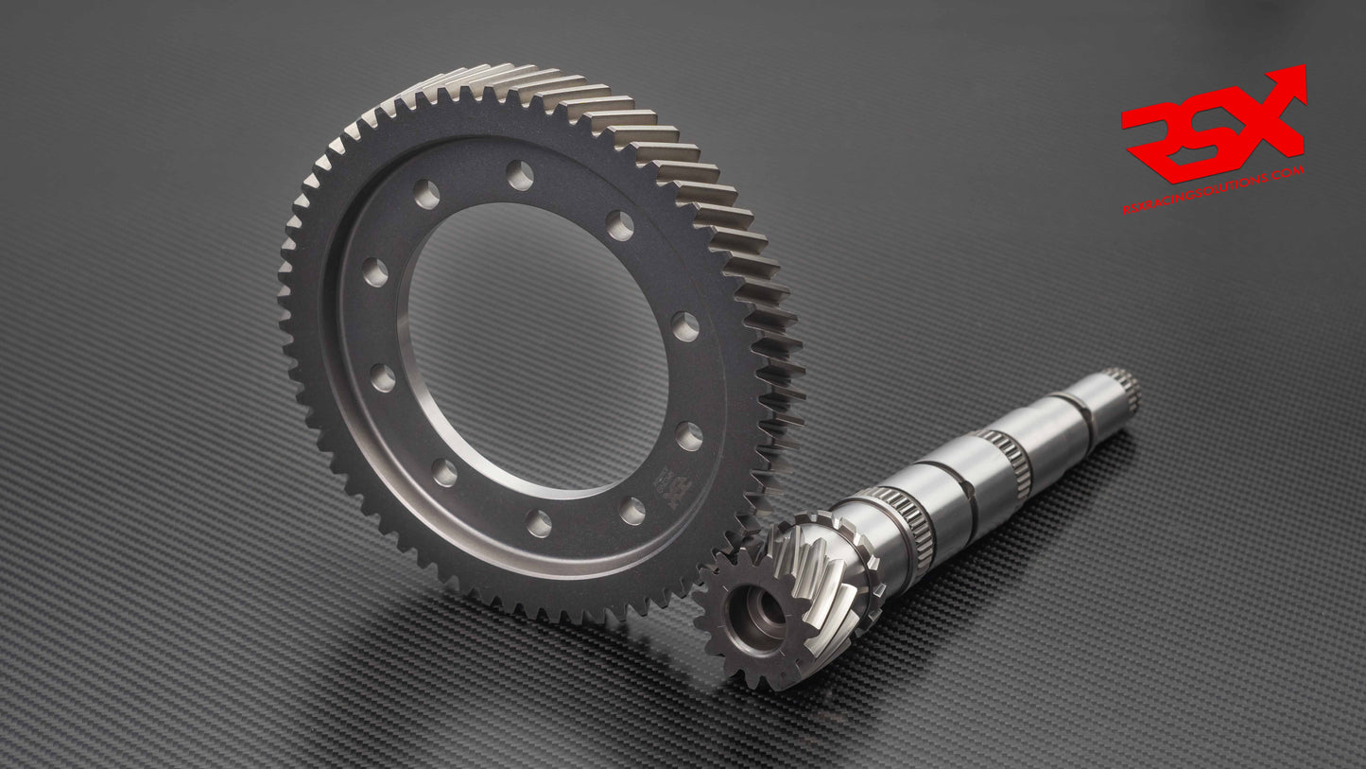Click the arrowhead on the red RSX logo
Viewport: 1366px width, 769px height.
pos(1291,83)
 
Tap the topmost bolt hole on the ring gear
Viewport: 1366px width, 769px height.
pos(519,174)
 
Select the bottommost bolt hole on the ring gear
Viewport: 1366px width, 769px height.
pos(539,523)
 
